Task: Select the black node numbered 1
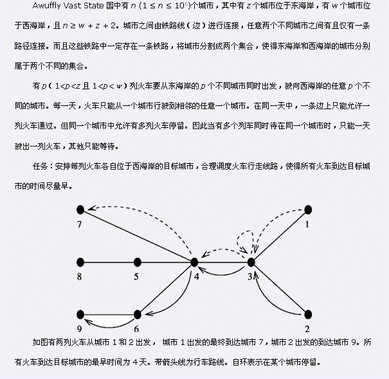(307, 209)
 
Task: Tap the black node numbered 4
(194, 261)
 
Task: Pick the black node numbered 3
(251, 261)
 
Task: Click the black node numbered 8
(80, 261)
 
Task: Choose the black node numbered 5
(137, 261)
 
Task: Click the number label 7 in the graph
(80, 225)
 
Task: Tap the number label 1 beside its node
(307, 225)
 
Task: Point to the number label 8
(80, 278)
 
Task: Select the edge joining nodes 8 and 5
(109, 261)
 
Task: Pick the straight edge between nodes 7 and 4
(137, 235)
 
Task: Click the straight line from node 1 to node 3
(279, 235)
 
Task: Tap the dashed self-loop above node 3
(248, 234)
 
